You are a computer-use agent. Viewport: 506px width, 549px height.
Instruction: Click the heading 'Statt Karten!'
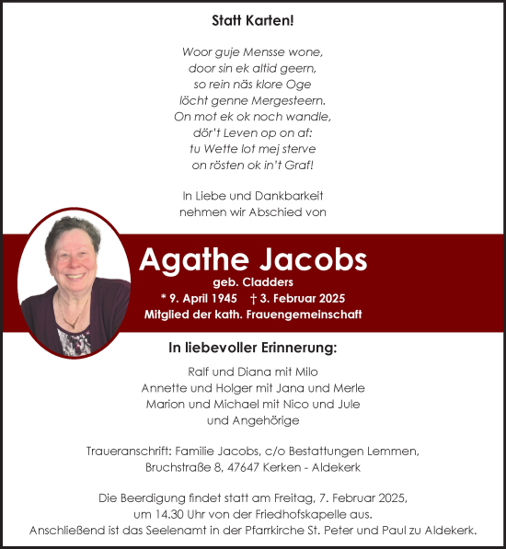[252, 18]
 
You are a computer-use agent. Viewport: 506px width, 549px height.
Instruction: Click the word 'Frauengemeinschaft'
[309, 315]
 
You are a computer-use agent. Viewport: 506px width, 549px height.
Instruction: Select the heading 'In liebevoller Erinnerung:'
[252, 349]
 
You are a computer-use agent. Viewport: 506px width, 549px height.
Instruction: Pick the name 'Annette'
[163, 387]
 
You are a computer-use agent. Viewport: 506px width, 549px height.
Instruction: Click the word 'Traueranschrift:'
[136, 450]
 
